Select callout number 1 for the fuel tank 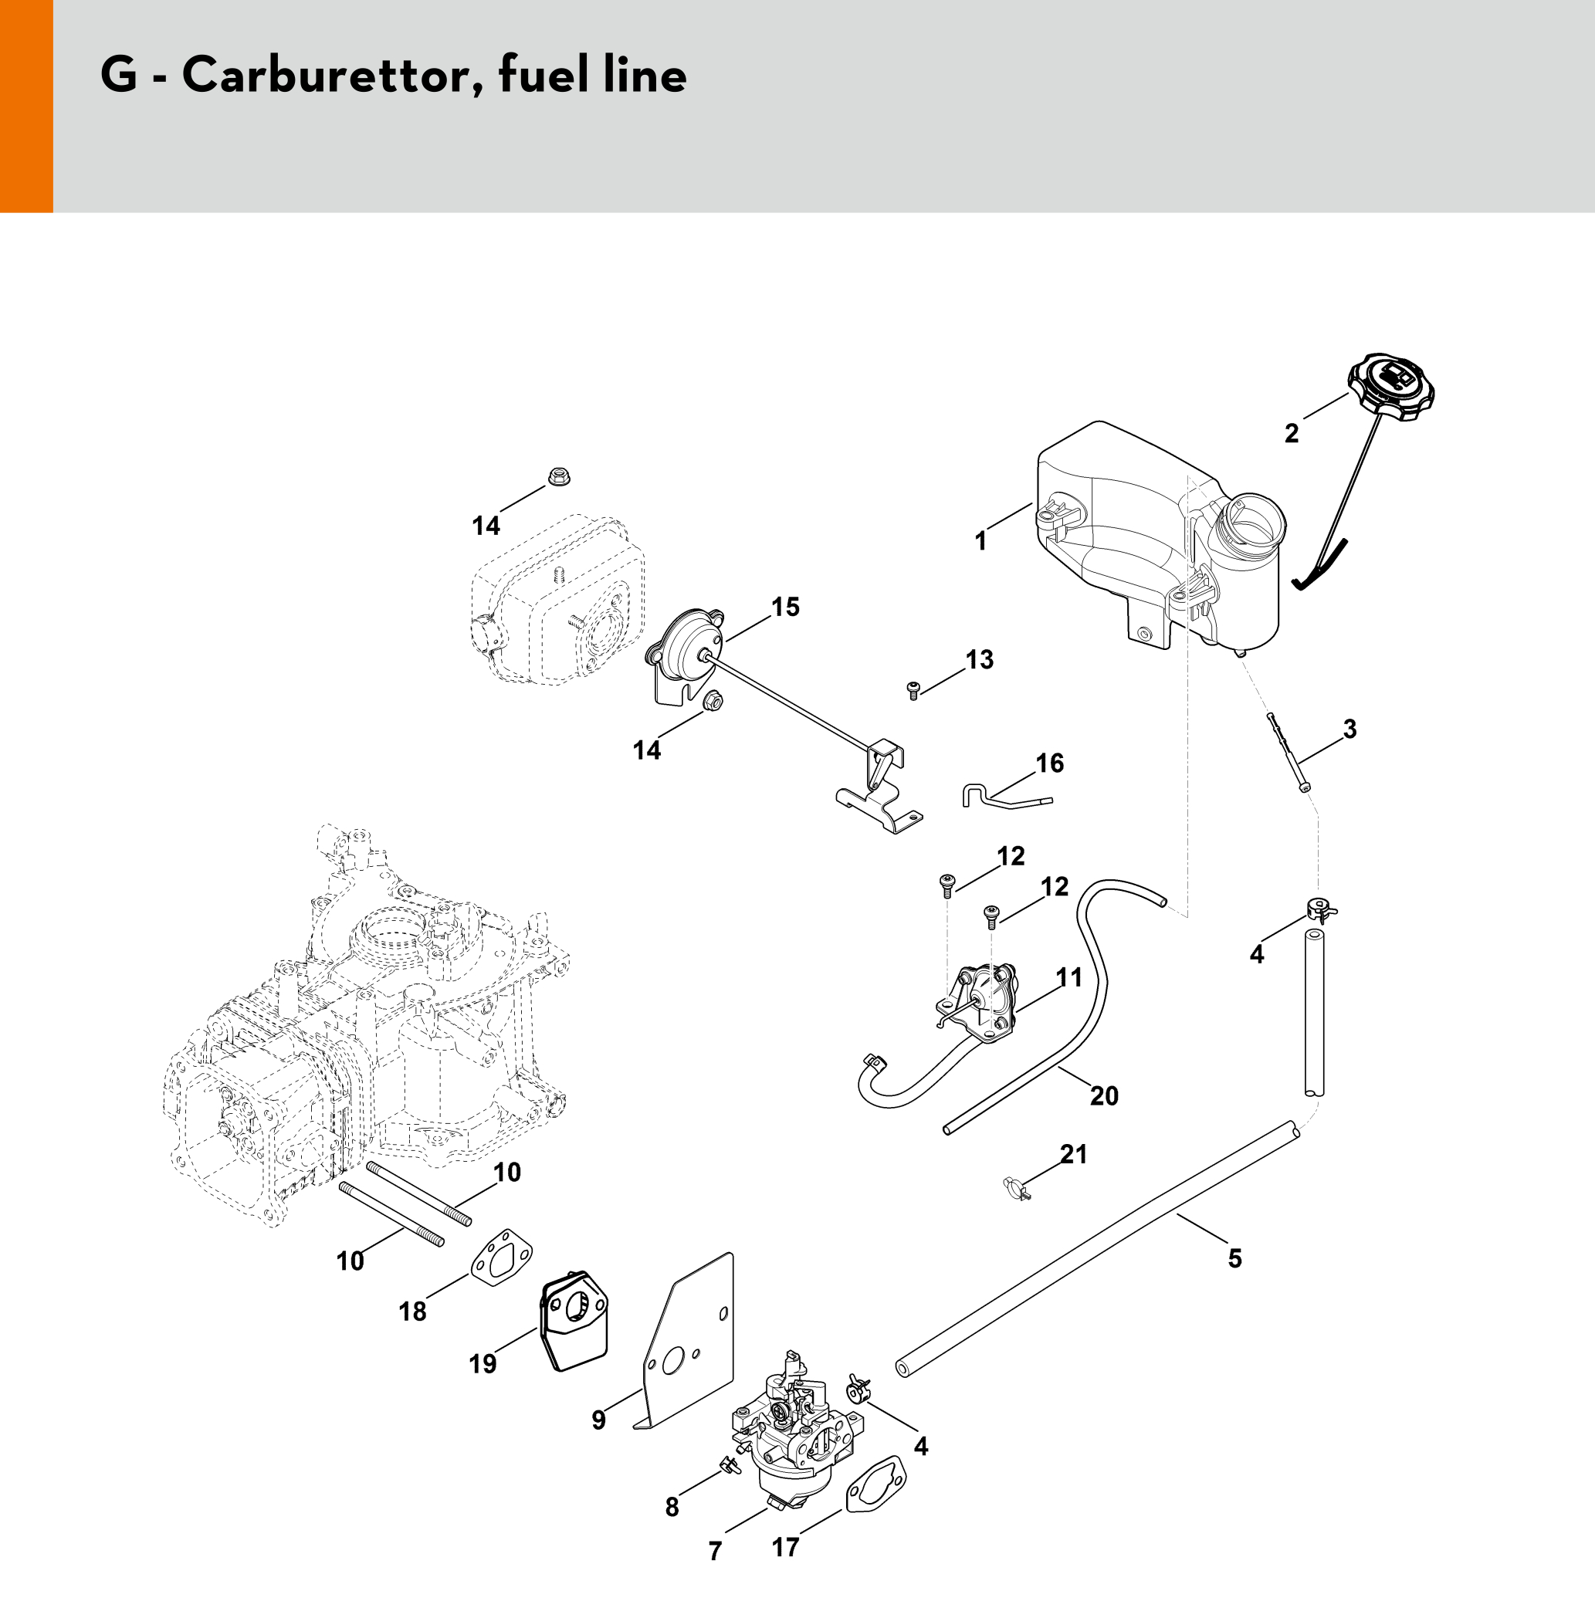981,542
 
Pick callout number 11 1069,977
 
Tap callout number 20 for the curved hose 1104,1095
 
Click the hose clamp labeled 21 1014,1186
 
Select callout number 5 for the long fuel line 1234,1258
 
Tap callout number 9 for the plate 598,1420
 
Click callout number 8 672,1507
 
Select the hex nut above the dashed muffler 557,477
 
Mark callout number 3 1349,729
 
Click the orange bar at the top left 26,106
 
